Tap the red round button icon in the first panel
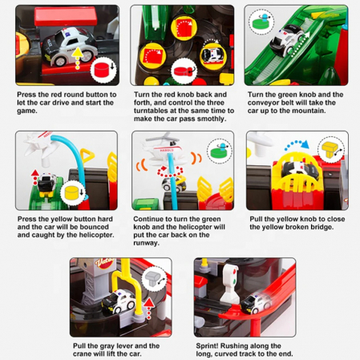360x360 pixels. point(102,70)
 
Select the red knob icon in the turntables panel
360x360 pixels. point(182,71)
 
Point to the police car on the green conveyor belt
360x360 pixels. point(286,40)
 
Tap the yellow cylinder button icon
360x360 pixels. point(71,193)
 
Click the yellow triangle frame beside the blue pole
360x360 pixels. point(87,156)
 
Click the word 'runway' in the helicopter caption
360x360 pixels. point(145,243)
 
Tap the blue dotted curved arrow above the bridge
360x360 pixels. point(296,144)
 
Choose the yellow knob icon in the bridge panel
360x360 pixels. point(331,150)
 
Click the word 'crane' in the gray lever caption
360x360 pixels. point(82,354)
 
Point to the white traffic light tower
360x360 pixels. point(231,283)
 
